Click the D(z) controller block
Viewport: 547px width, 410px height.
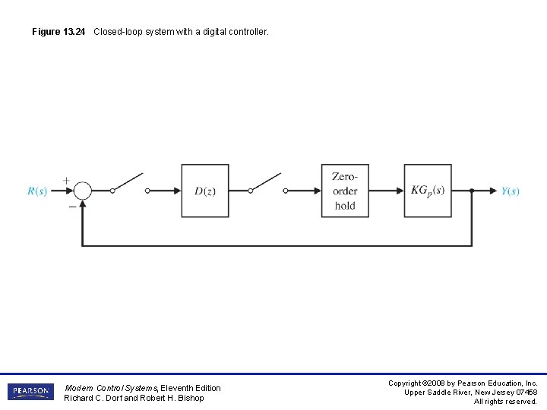[204, 191]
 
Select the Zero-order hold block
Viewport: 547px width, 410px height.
[344, 191]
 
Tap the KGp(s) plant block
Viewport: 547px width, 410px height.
[427, 191]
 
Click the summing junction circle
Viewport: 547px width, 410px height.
[82, 191]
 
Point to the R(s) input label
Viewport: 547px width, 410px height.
[37, 191]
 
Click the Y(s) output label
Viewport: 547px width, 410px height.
[511, 191]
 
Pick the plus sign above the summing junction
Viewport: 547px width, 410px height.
[66, 180]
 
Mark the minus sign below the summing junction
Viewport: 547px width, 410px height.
[72, 206]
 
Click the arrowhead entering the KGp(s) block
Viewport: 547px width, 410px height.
[400, 191]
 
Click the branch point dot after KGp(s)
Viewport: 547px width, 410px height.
[472, 191]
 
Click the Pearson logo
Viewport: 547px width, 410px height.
[30, 392]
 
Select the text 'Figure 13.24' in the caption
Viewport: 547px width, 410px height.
[58, 32]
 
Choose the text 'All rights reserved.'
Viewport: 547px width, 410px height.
[505, 402]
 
